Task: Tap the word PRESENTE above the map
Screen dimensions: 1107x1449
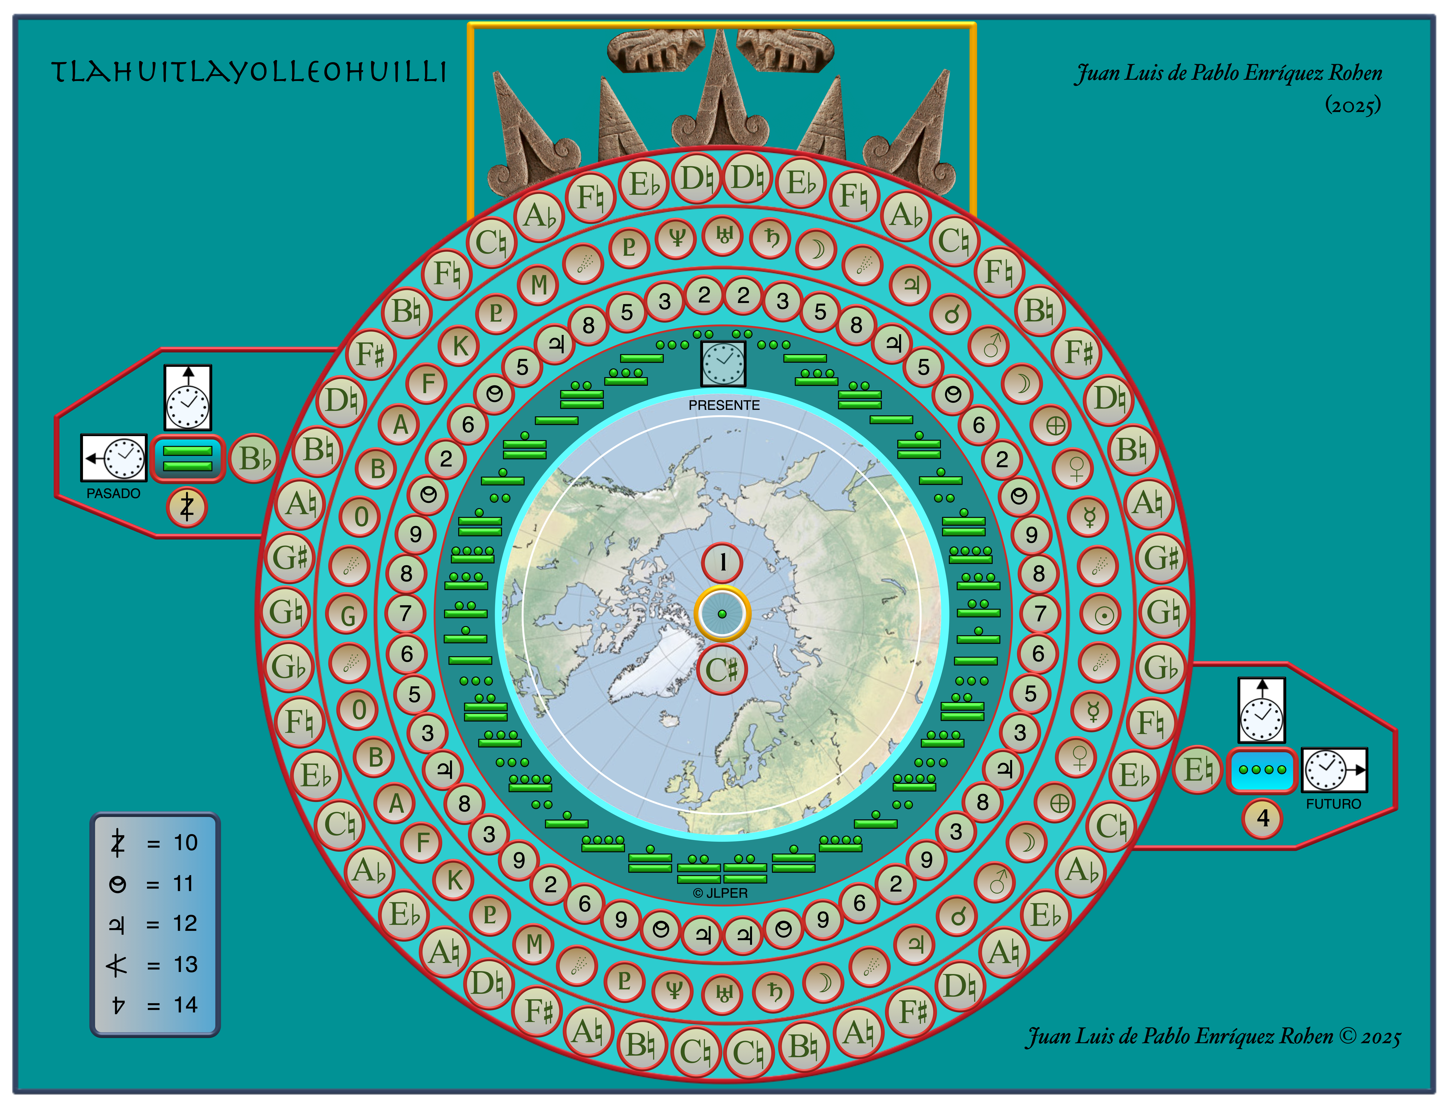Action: tap(724, 405)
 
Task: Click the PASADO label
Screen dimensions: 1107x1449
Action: tap(113, 493)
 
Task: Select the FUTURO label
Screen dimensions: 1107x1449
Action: tap(1333, 804)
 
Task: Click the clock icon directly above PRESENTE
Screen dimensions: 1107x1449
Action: tap(723, 363)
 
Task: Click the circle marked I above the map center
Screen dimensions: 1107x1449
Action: tap(723, 562)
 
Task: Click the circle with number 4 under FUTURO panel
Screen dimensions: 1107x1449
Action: tap(1263, 818)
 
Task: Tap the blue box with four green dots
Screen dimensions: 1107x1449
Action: tap(1262, 770)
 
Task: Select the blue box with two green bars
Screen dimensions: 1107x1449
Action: tap(188, 459)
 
